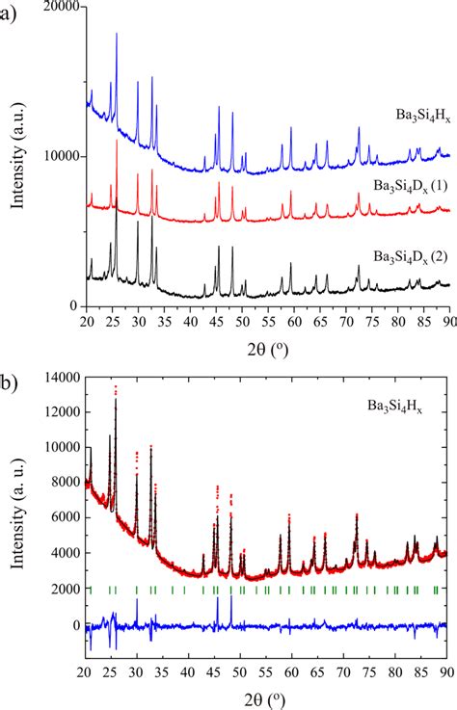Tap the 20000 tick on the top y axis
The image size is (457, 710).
(58, 6)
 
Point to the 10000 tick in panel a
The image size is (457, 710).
(58, 156)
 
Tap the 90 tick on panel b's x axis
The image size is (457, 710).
(445, 671)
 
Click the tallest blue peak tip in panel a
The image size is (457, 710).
(117, 34)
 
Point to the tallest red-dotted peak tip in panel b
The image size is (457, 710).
(116, 386)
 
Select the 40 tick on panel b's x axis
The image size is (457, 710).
(188, 671)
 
